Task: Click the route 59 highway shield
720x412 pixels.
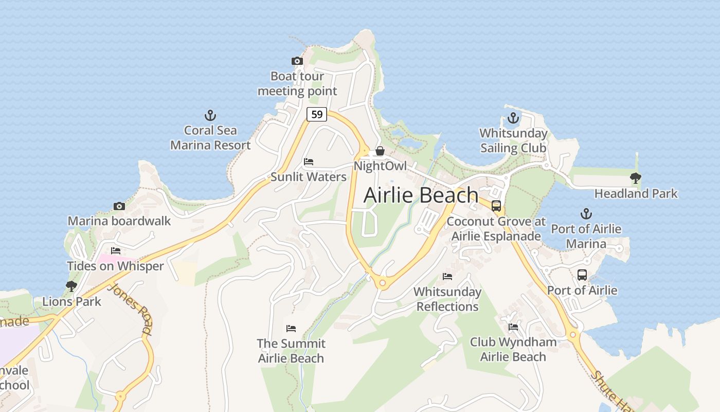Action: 317,114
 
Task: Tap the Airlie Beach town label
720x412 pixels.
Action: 421,195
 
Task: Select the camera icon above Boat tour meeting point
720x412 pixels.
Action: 297,61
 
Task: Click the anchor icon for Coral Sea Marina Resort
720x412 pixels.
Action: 210,115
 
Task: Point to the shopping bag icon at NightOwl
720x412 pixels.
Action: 380,151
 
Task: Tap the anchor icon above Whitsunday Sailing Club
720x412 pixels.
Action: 513,118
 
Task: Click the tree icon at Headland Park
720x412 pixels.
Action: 636,178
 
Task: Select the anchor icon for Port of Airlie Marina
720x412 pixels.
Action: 586,213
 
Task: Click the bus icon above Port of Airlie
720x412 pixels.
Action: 582,275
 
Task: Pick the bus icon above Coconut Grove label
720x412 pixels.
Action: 496,206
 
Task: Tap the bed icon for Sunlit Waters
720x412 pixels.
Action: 309,162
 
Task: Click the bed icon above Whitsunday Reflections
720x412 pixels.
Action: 447,277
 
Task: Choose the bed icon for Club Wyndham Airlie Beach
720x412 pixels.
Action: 513,327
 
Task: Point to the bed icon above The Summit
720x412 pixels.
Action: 291,329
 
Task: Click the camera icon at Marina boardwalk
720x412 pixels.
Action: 119,207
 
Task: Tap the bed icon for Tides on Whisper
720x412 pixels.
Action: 116,251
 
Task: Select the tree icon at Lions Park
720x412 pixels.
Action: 71,286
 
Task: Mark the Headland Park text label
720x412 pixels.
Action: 636,194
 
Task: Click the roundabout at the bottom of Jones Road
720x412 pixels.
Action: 120,396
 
